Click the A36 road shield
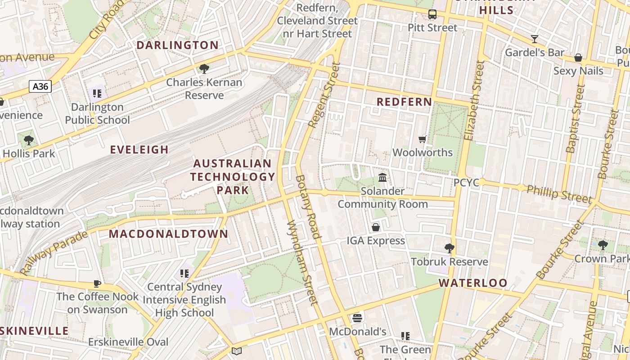40,86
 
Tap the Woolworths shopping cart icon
422,139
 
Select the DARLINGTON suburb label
177,45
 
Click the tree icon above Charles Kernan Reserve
204,69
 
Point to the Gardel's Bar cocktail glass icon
534,39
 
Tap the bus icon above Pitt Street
432,14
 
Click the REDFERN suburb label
404,102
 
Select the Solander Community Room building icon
382,178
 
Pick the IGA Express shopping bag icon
375,227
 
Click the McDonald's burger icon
357,318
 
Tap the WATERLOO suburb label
473,283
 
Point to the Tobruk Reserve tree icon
449,248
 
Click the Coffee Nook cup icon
97,283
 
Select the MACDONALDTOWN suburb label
169,234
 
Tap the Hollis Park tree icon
29,140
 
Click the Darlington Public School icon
97,94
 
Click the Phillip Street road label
559,193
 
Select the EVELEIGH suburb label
139,150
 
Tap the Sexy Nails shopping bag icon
578,58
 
